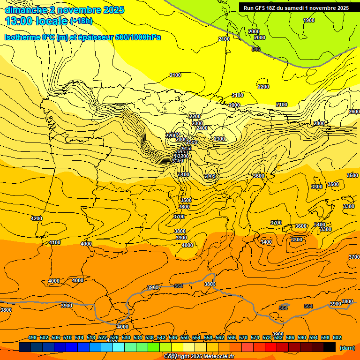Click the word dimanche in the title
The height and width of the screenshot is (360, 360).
click(x=25, y=10)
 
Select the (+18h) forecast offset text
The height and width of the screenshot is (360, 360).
click(x=81, y=21)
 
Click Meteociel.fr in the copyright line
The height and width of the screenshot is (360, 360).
click(x=217, y=357)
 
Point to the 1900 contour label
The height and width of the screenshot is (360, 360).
click(x=309, y=20)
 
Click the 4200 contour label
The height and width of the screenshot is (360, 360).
click(x=36, y=218)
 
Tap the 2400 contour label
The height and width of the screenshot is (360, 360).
click(x=202, y=128)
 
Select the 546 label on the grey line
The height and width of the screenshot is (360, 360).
click(x=255, y=49)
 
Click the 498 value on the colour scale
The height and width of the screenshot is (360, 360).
click(x=32, y=337)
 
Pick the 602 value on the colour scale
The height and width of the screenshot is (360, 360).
click(x=337, y=337)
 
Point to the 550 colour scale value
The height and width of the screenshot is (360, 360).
click(x=185, y=337)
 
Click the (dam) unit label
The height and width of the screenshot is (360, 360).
click(x=347, y=348)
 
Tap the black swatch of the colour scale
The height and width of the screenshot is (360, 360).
click(x=330, y=347)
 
